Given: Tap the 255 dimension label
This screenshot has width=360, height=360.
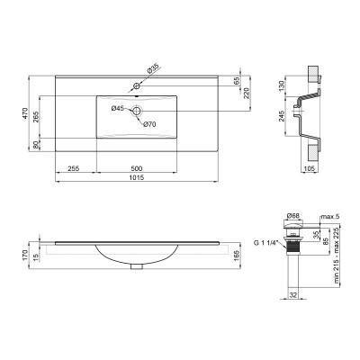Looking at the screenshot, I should coord(76,166).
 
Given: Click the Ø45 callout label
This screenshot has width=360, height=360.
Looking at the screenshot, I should coord(117,109).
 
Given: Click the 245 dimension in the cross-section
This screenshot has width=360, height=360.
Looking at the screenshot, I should coord(283,116).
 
